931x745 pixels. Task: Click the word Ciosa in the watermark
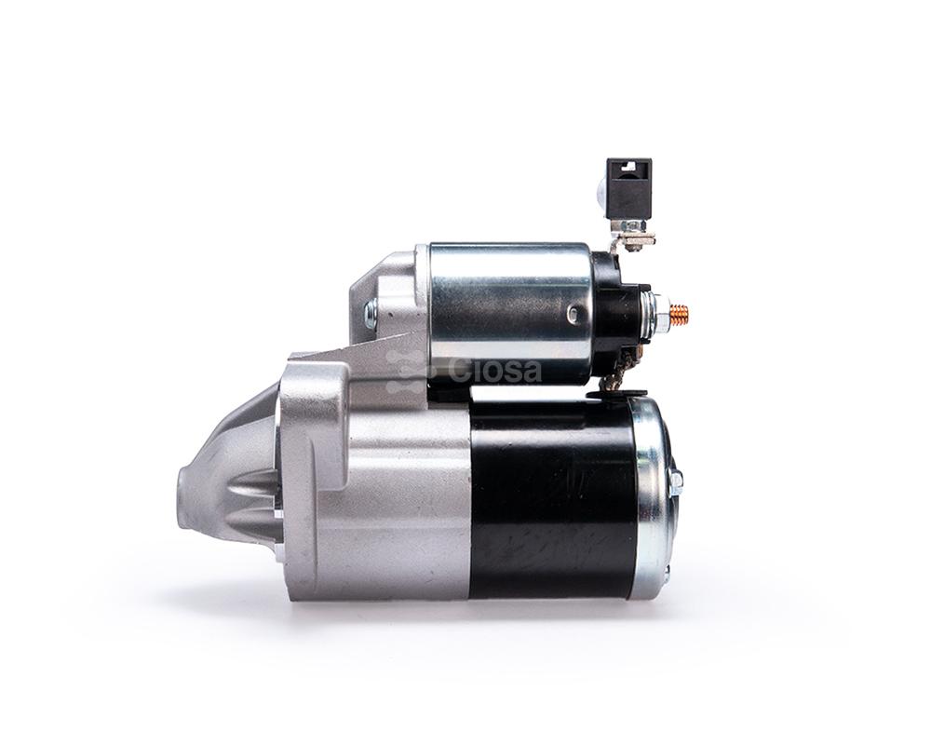point(495,371)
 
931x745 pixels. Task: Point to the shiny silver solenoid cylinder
point(510,314)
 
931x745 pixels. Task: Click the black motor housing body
point(552,498)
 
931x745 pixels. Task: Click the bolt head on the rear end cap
point(676,482)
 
